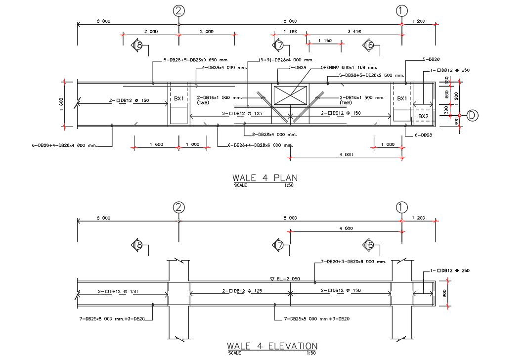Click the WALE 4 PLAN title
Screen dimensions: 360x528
click(265, 178)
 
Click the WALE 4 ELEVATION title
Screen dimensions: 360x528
click(272, 346)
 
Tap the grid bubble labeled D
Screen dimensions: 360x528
click(473, 116)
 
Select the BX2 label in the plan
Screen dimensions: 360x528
click(423, 116)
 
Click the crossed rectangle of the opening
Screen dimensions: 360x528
click(290, 95)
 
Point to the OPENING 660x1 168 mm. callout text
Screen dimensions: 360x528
click(349, 67)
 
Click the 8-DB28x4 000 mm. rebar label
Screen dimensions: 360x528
click(274, 135)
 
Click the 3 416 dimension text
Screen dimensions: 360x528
click(354, 32)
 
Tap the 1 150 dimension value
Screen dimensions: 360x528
click(324, 41)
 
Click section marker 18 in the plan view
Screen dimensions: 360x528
click(138, 46)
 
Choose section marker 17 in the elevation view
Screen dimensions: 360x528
click(278, 244)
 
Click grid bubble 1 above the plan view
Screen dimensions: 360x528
click(402, 10)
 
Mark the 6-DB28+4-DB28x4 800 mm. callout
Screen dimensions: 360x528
click(64, 146)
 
